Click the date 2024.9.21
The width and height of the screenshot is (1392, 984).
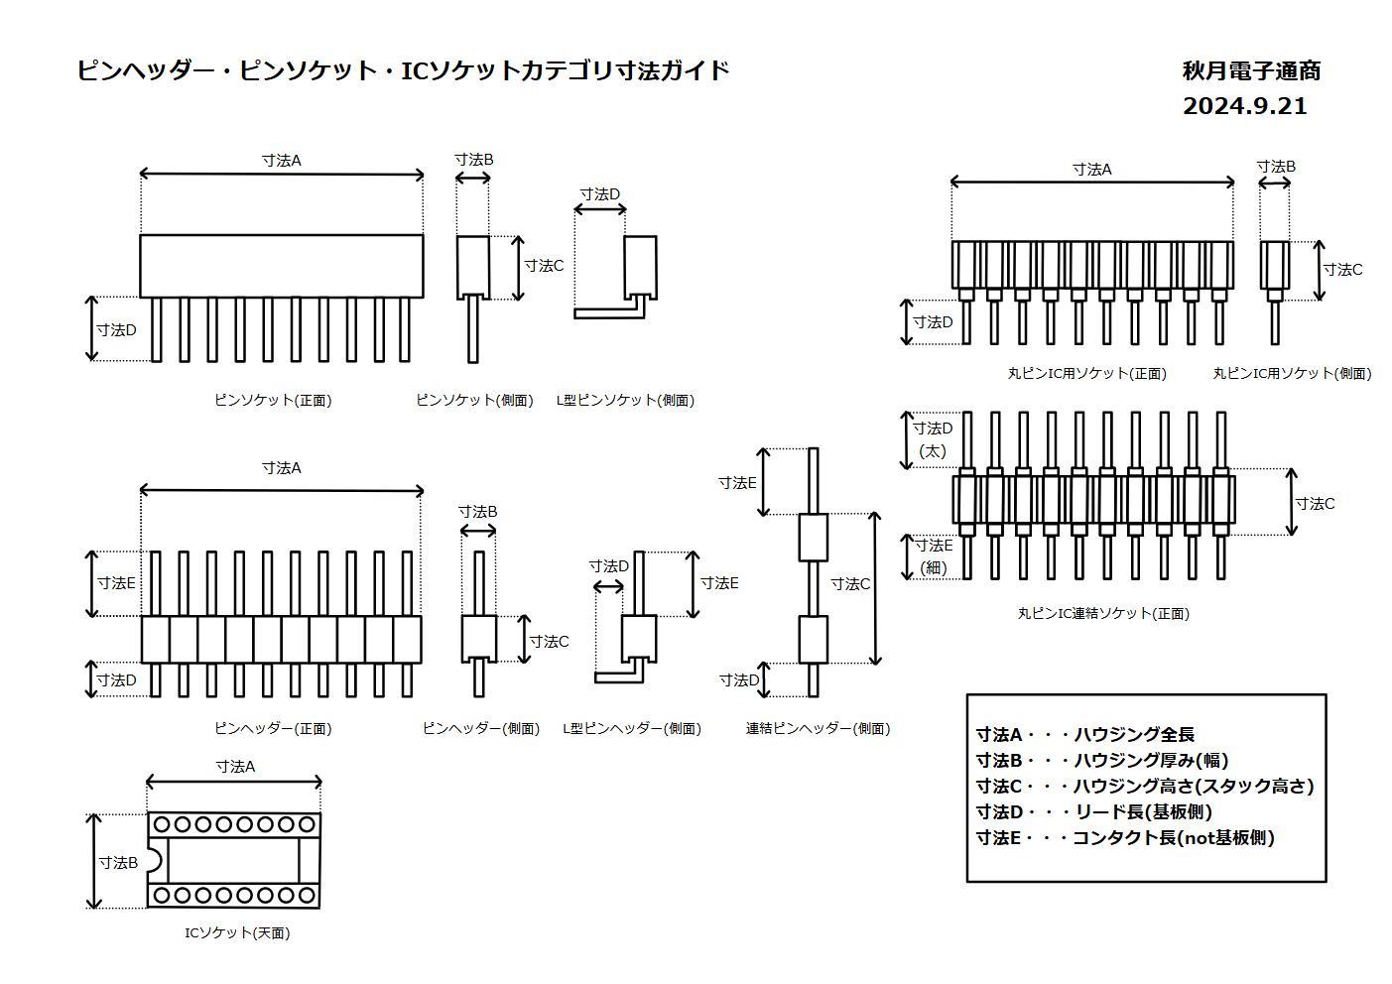click(1244, 106)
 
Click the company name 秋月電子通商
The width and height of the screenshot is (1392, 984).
click(1250, 71)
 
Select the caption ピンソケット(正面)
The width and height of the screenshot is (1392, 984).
click(273, 400)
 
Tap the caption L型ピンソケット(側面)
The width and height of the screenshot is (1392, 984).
click(625, 400)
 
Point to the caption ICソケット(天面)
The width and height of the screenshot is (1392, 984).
click(237, 932)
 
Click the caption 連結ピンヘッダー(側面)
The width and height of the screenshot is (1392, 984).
click(818, 728)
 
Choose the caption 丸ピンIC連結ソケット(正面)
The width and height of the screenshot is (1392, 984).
click(1102, 613)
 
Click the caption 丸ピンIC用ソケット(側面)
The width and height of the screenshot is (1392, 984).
click(1292, 373)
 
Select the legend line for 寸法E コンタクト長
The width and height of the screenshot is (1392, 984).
click(1125, 837)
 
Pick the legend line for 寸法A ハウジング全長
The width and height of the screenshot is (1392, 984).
click(1085, 734)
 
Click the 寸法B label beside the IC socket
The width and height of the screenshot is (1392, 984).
click(118, 862)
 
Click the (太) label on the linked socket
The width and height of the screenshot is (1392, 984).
click(932, 450)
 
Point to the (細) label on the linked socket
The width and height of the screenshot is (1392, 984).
click(933, 567)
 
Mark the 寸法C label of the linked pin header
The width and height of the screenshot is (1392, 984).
click(850, 584)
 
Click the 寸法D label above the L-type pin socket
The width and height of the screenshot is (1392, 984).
click(599, 194)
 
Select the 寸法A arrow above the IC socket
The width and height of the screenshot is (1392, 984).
click(233, 783)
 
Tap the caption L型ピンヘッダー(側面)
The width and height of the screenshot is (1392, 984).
click(631, 728)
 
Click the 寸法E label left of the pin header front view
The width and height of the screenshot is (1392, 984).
click(116, 583)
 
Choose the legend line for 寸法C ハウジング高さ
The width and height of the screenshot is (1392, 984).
click(1144, 786)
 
